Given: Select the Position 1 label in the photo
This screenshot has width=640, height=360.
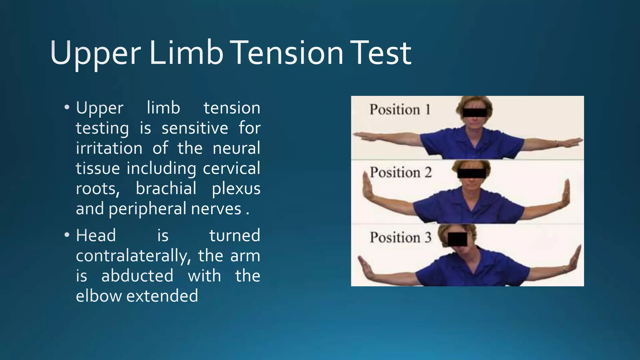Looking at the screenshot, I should (400, 110).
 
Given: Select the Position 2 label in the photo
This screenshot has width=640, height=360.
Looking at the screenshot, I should (401, 172).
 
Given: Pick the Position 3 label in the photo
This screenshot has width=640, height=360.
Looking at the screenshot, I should (401, 237).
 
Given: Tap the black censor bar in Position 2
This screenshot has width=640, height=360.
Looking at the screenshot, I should (472, 173).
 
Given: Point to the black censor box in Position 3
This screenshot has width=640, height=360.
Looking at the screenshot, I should (457, 239).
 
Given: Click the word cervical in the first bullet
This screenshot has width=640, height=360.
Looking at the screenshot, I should (231, 168).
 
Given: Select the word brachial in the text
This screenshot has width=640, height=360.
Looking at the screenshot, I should (166, 188).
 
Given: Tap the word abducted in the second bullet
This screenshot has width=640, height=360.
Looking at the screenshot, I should (137, 276).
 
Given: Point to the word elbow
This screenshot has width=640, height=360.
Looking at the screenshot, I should (99, 296).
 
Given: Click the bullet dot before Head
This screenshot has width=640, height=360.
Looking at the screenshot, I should (67, 235).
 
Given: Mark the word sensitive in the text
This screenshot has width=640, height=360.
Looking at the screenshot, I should (195, 128).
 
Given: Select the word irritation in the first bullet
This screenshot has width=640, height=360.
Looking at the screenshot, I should (109, 148).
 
